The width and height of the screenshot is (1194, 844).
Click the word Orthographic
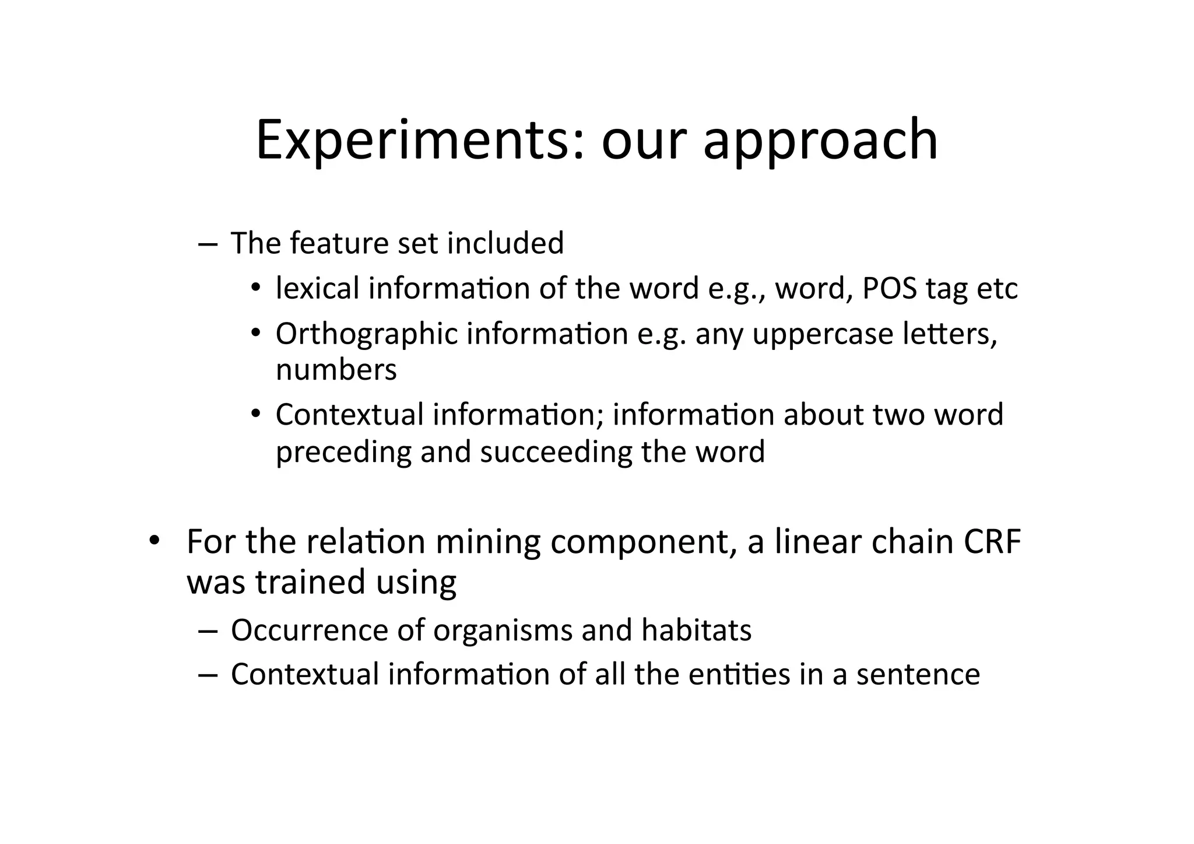[367, 335]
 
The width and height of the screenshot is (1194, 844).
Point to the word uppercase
[823, 335]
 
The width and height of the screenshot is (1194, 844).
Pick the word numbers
[336, 370]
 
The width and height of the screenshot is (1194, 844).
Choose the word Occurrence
[308, 631]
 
